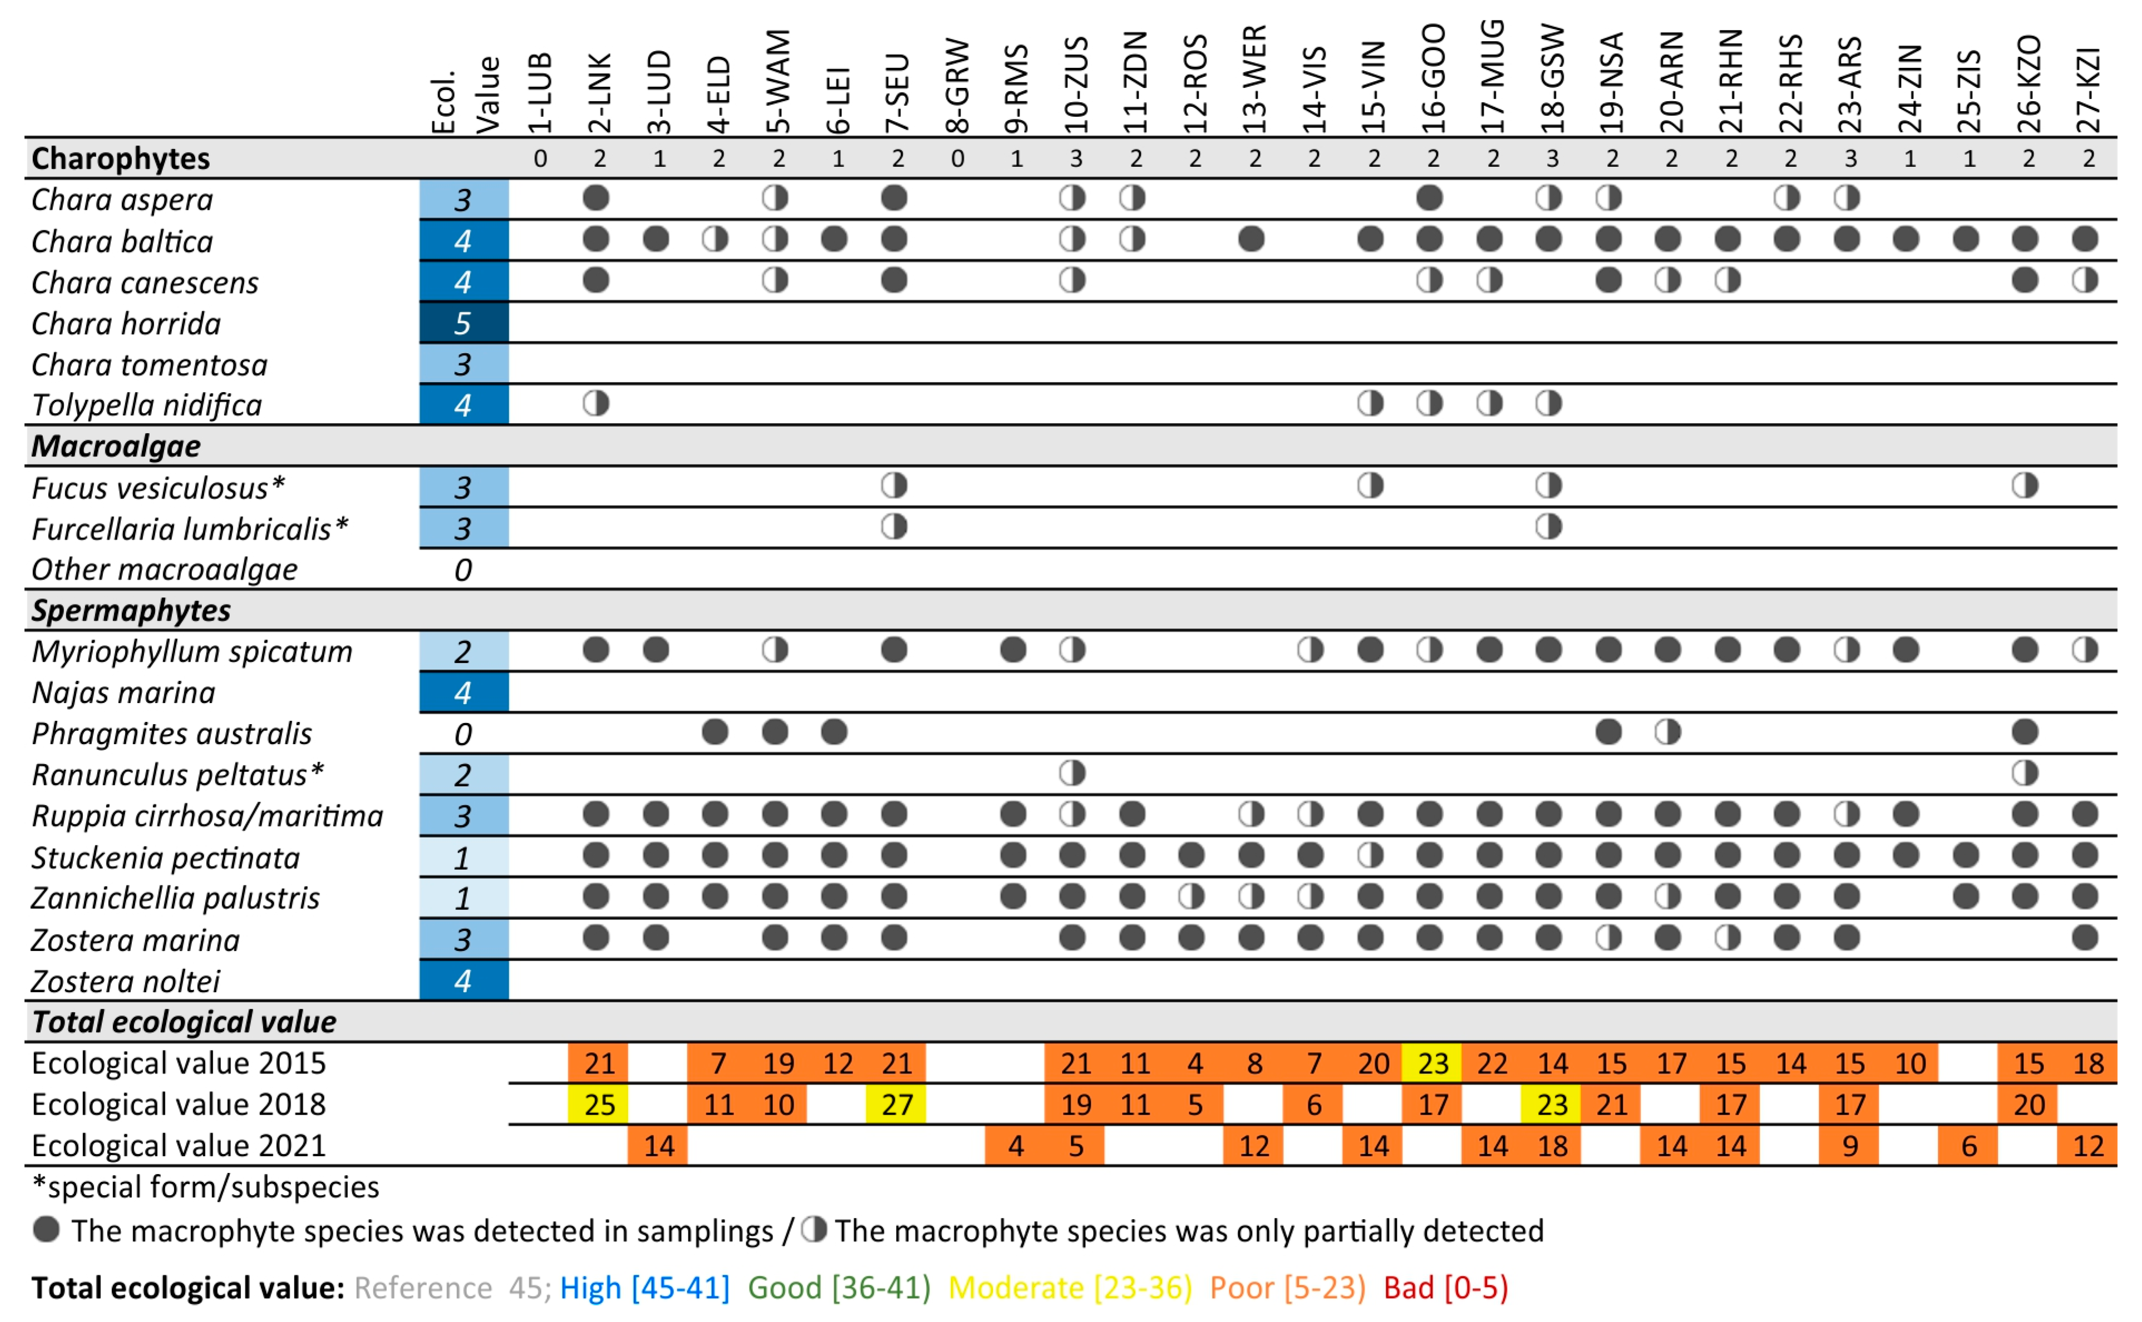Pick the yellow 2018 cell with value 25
point(599,1105)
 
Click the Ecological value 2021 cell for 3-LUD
point(658,1145)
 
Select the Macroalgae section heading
point(116,446)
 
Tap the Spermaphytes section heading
point(131,610)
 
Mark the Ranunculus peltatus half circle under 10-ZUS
point(1072,773)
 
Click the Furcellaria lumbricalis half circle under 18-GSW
point(1548,526)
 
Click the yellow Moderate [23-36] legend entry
point(1070,1287)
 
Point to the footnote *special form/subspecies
point(205,1186)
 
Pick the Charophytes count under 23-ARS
point(1850,159)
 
